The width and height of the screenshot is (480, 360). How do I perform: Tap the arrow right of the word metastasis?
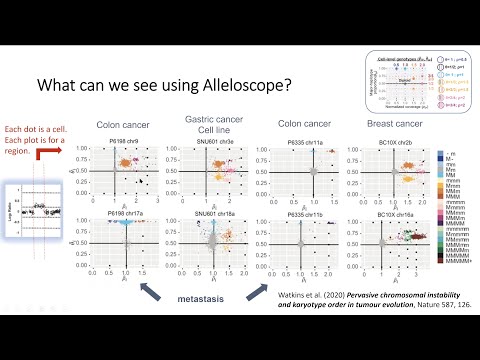coord(262,290)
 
